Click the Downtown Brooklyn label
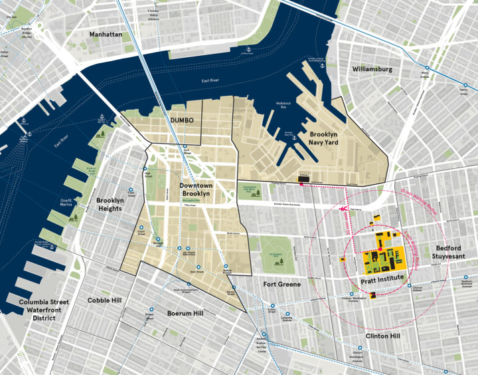point(195,189)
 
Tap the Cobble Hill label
point(104,301)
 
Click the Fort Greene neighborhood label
point(281,285)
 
